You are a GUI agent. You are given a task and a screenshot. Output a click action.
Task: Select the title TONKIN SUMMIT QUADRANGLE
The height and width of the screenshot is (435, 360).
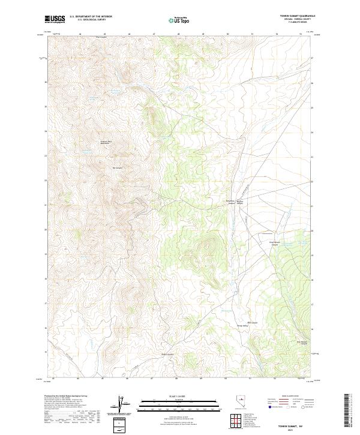tap(301, 16)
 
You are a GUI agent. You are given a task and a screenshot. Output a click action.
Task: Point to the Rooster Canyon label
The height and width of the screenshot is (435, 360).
tap(241, 202)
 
